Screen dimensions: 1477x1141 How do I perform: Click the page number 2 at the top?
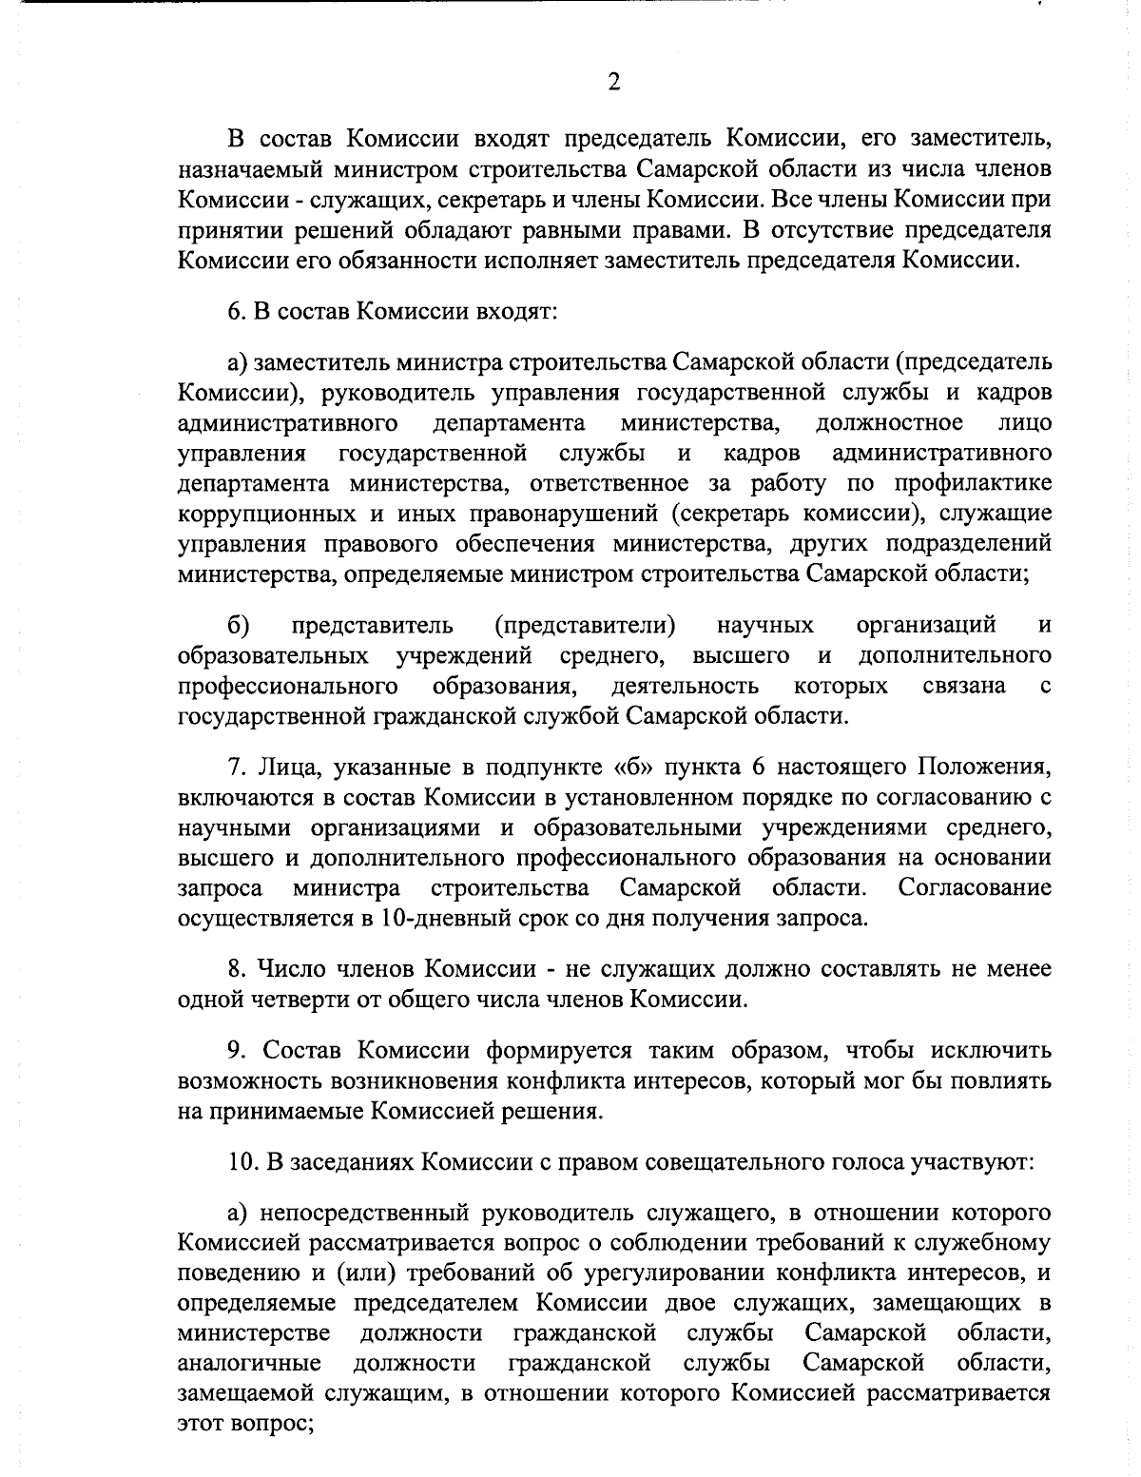pyautogui.click(x=613, y=83)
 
